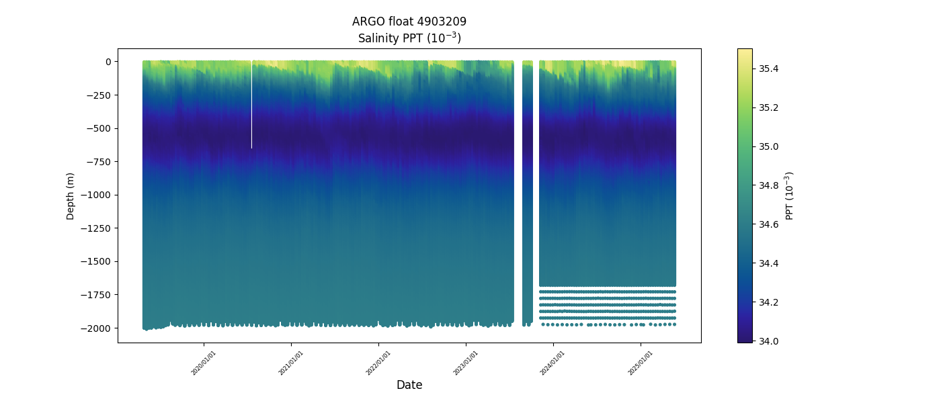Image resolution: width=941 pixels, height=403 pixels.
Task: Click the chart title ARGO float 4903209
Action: click(409, 21)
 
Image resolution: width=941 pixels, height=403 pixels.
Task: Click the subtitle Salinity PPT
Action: click(409, 38)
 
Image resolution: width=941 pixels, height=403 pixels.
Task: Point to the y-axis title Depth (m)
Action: click(71, 195)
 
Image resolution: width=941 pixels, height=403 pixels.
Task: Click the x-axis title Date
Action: click(409, 385)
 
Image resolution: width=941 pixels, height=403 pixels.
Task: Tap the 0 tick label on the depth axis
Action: click(108, 62)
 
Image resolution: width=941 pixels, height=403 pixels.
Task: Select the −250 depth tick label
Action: click(99, 95)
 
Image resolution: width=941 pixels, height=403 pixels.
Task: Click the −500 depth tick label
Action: click(99, 128)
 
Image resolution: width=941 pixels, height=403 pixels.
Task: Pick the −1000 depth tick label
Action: click(97, 195)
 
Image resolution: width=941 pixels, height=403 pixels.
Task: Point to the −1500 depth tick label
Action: click(97, 261)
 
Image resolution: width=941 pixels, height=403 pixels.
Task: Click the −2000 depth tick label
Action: click(97, 328)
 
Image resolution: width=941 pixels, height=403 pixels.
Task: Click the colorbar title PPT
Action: click(790, 195)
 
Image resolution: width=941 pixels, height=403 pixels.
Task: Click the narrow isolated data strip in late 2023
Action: click(528, 188)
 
